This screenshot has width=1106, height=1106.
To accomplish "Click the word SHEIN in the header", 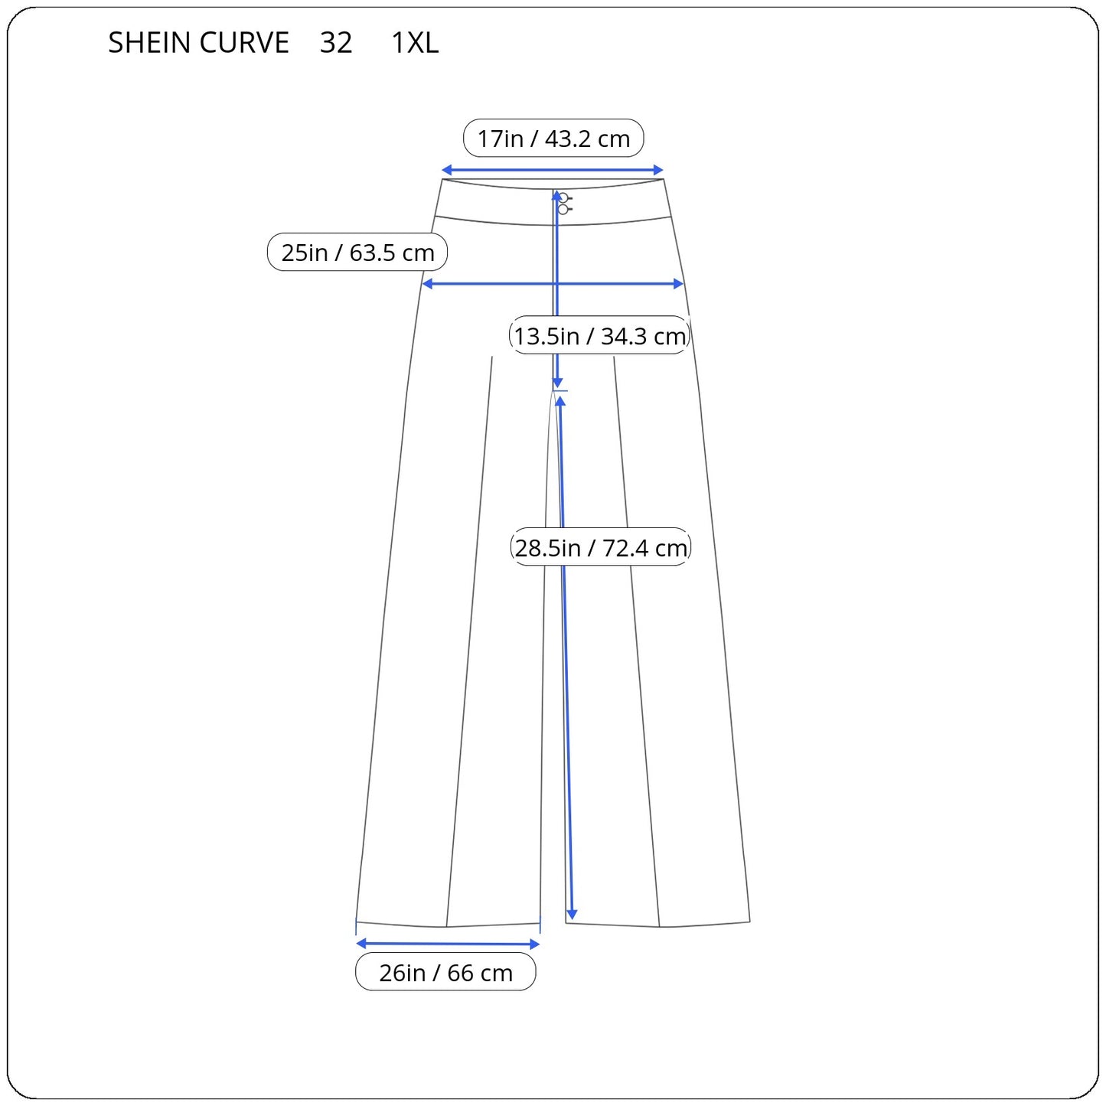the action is pos(149,42).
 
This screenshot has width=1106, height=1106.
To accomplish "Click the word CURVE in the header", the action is pos(244,42).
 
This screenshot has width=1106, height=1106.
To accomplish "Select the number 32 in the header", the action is pos(336,42).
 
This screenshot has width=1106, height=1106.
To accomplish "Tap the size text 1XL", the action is pos(414,42).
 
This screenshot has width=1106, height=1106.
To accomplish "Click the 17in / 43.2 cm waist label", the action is pos(553,139).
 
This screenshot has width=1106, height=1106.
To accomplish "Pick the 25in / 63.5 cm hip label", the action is pos(357,252).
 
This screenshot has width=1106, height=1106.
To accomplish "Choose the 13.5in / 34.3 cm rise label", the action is pos(599,335).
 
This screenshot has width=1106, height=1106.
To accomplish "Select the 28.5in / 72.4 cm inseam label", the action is pos(600,547).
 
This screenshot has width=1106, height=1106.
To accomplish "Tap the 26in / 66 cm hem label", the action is pos(445,972).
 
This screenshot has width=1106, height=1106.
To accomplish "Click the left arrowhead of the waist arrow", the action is pos(446,170).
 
